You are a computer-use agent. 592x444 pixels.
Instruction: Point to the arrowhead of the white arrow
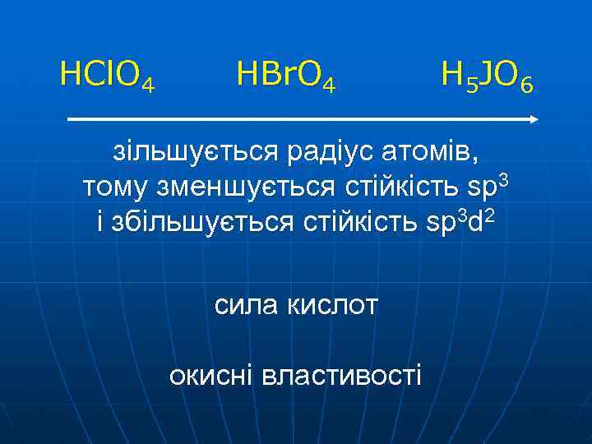coord(534,119)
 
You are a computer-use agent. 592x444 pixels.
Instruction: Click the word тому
coord(114,187)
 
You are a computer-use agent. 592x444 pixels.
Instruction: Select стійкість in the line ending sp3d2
coord(363,221)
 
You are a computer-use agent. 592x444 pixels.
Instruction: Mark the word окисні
coord(210,376)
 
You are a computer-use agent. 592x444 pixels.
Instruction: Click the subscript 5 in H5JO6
coord(467,84)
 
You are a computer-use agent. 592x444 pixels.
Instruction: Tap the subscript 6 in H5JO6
coord(527,84)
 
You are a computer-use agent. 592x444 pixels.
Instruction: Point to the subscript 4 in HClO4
coord(149,84)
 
